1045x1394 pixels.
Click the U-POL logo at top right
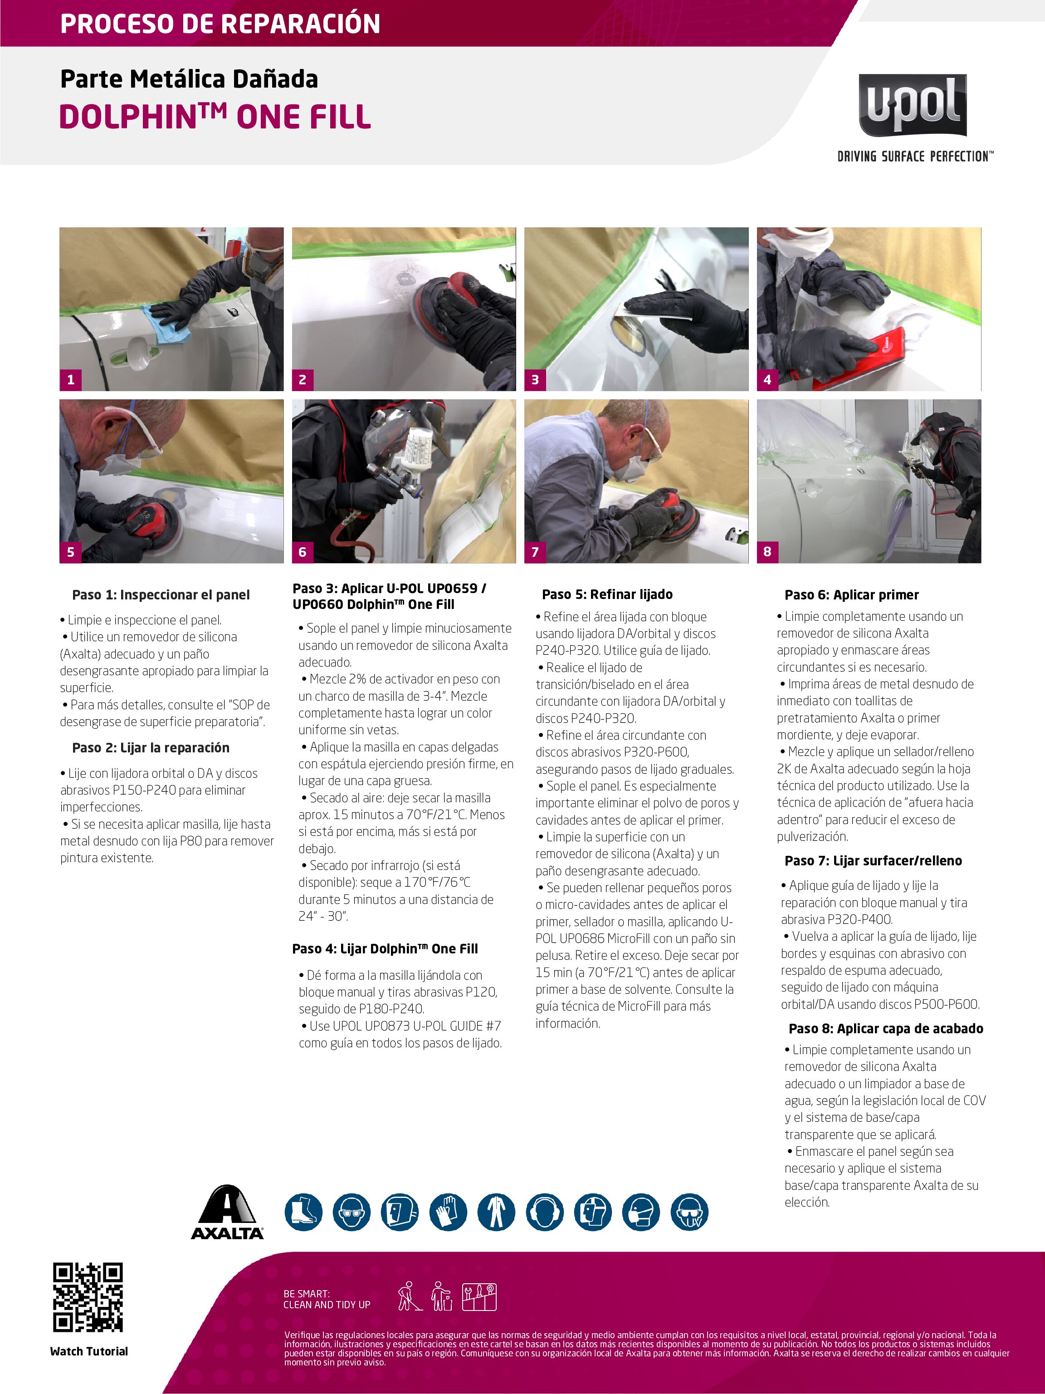point(913,105)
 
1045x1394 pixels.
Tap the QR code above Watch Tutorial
point(88,1298)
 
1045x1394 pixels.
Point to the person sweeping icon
point(410,1296)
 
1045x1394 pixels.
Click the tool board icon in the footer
point(479,1297)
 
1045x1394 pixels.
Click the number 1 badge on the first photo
point(71,379)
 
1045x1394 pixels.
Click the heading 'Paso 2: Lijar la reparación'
point(151,747)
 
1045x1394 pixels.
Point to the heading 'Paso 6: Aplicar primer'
point(852,594)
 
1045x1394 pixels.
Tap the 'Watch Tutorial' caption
point(89,1351)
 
